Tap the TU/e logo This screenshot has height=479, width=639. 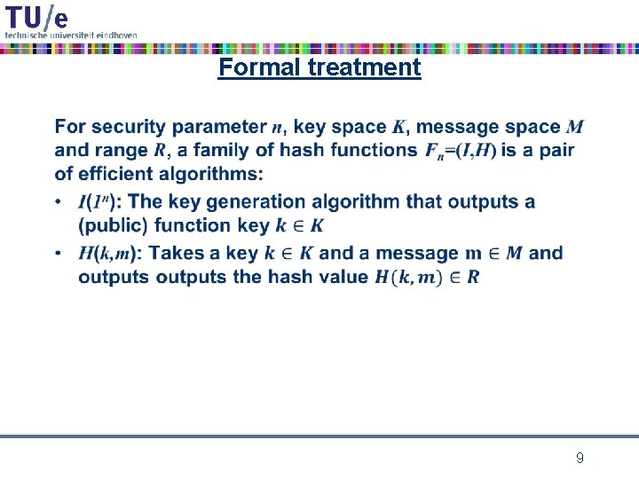coord(36,17)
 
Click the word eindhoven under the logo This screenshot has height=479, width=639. coord(117,34)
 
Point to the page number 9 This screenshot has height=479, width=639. coord(580,459)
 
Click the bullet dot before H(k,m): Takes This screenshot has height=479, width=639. coord(59,254)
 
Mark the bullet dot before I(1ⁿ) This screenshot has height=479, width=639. coord(59,202)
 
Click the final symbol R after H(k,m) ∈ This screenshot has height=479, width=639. coord(473,277)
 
